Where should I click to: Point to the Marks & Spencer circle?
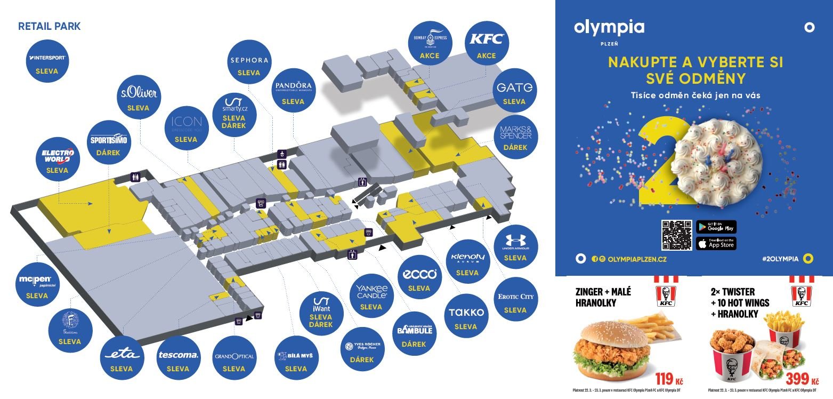pos(515,137)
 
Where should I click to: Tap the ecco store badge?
pos(419,279)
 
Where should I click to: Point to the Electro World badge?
pos(58,159)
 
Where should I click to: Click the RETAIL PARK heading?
pos(50,26)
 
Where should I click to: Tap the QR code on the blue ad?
pos(676,235)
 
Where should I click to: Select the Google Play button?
pos(716,227)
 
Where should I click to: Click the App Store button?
pos(716,244)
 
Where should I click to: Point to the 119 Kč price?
pos(668,379)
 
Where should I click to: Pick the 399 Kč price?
pos(802,379)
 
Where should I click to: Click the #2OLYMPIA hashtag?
pos(780,259)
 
